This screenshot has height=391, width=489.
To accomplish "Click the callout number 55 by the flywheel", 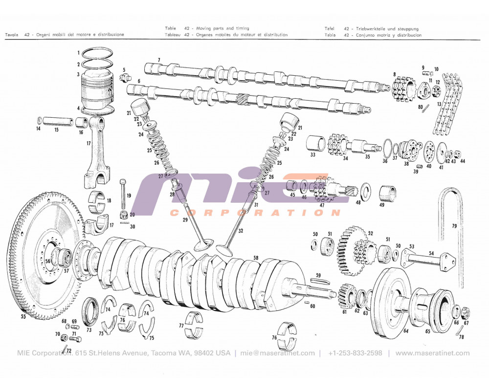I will [23, 316].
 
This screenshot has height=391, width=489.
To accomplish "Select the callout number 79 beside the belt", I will [454, 226].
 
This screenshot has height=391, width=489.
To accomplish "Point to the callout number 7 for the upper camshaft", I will [158, 60].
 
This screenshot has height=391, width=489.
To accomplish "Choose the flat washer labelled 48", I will [365, 189].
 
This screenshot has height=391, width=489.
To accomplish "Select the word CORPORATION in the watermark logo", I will [254, 213].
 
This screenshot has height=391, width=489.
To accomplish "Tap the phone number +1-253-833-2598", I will [355, 353].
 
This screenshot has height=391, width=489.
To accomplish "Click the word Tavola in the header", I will [12, 35].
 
